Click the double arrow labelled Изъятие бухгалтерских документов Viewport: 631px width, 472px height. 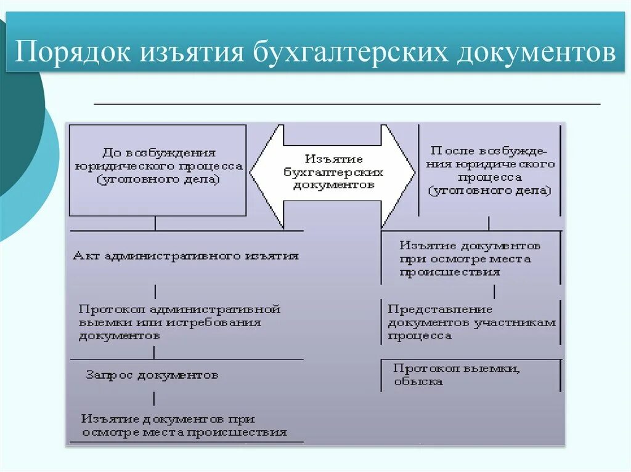pos(333,172)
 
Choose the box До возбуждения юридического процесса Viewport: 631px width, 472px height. pos(158,170)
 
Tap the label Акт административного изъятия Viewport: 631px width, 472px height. pos(185,255)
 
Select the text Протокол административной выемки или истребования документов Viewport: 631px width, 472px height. pos(179,322)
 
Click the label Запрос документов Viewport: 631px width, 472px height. pos(152,375)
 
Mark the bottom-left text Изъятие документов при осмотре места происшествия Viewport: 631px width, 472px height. pos(184,425)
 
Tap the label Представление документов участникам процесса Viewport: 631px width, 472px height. pos(471,322)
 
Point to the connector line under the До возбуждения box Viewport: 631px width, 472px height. pos(155,223)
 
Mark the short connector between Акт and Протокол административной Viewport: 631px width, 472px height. pos(155,290)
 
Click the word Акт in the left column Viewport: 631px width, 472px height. pos(83,255)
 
